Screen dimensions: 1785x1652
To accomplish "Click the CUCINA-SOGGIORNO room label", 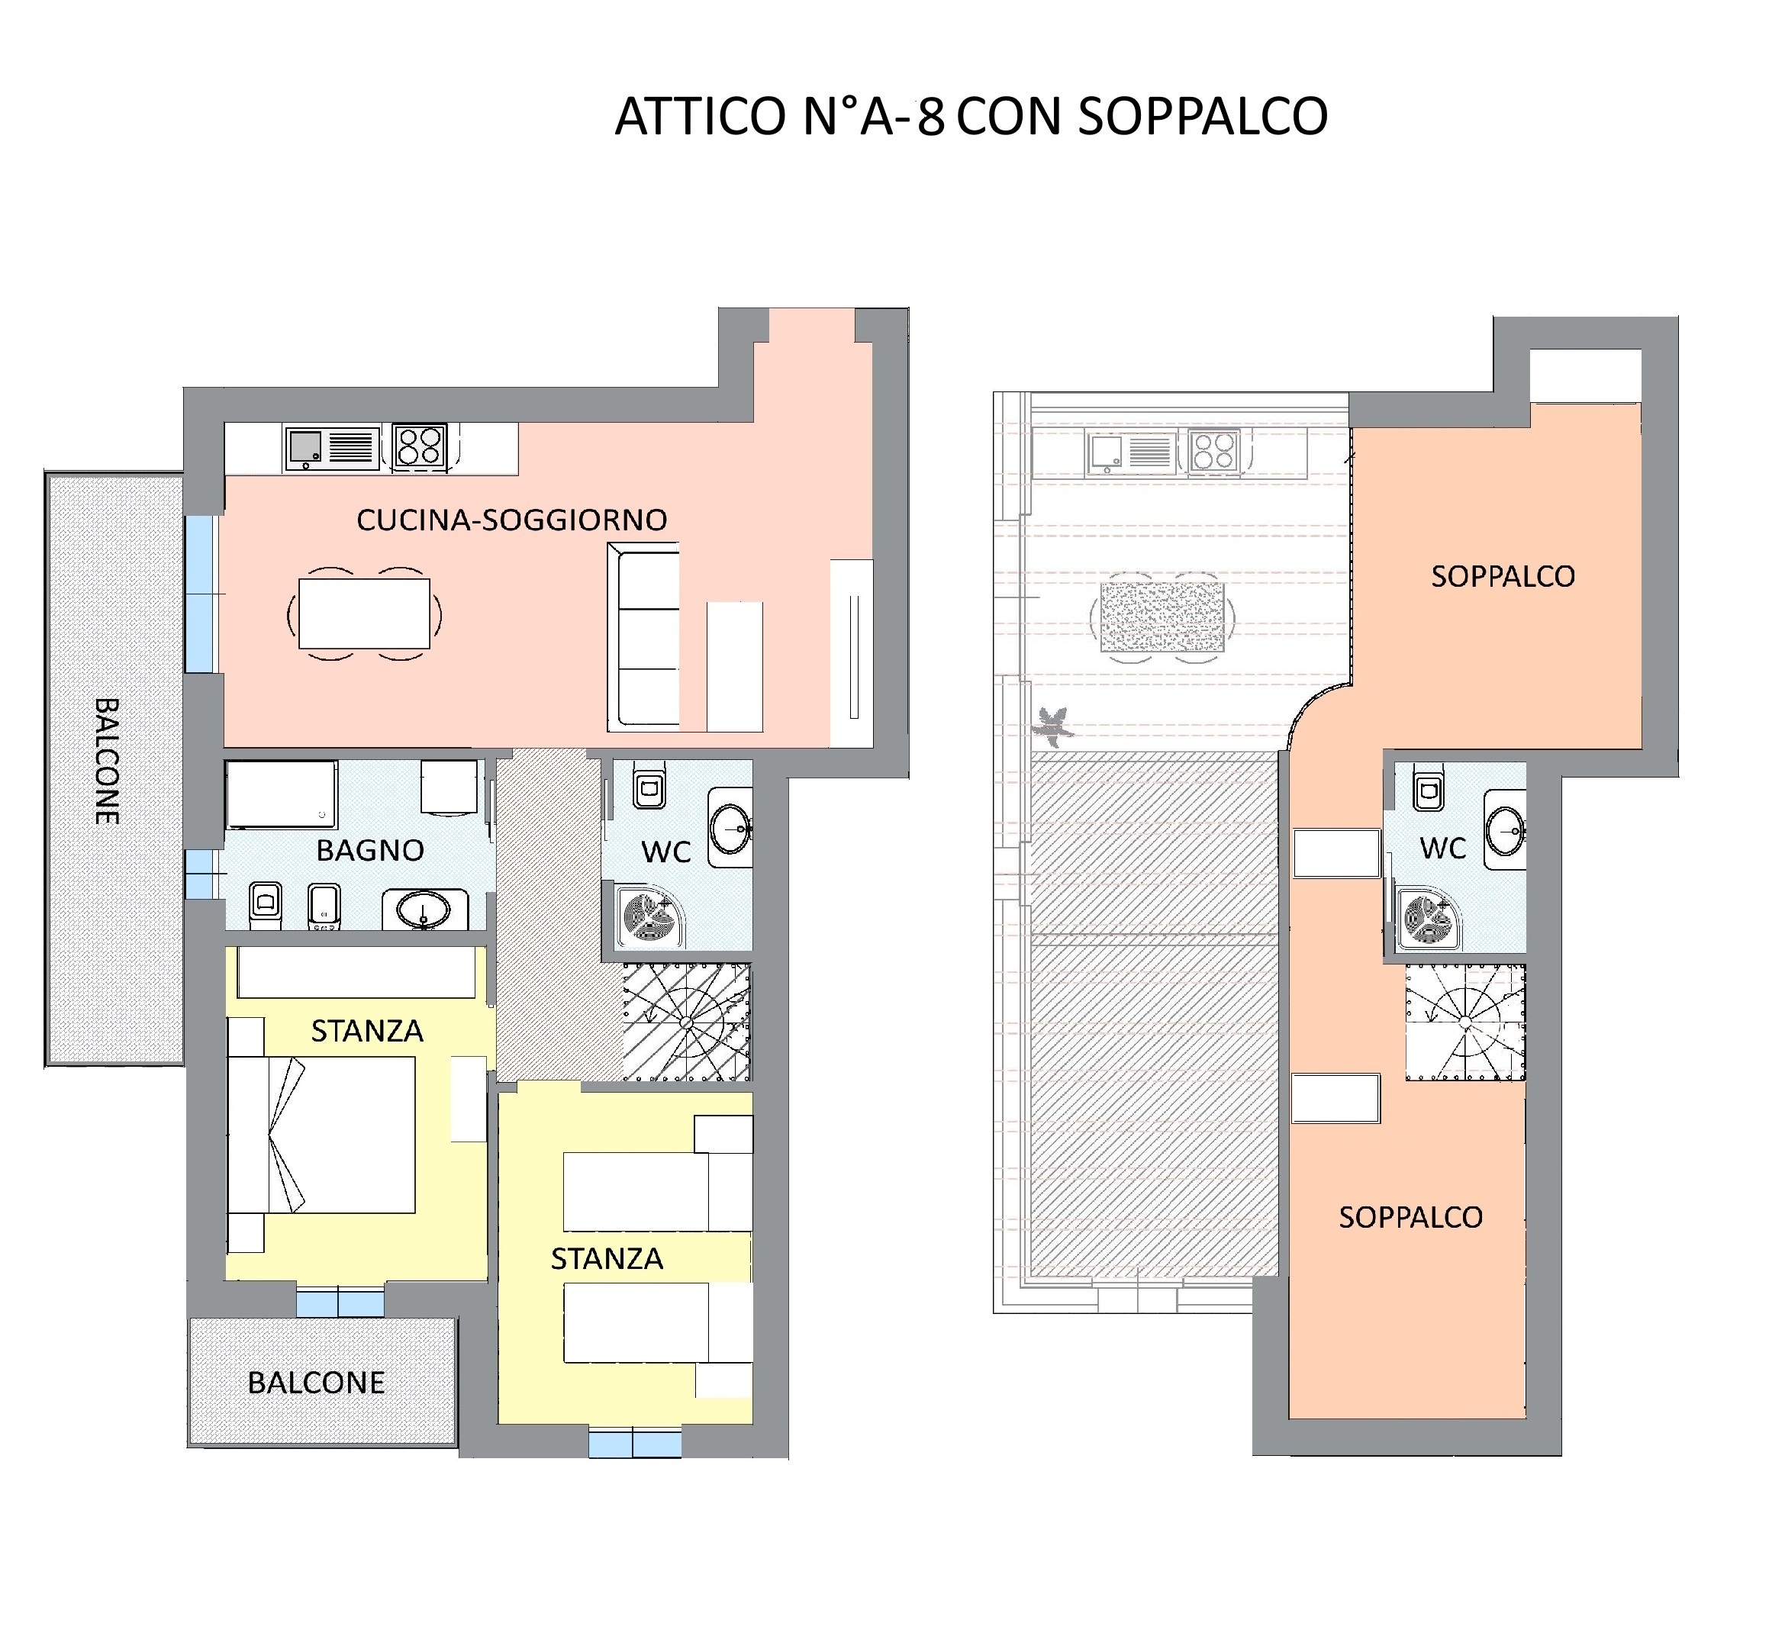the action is pyautogui.click(x=511, y=520).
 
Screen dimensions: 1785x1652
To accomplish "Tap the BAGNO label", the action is pyautogui.click(x=370, y=850).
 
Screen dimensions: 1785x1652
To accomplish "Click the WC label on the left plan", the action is pyautogui.click(x=666, y=852).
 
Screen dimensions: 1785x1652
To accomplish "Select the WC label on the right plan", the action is pyautogui.click(x=1442, y=849).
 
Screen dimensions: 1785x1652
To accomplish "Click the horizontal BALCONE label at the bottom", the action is pyautogui.click(x=317, y=1383).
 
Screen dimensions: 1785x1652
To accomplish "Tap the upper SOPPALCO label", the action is pyautogui.click(x=1503, y=577).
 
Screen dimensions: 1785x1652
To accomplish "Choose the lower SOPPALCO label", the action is pyautogui.click(x=1410, y=1216).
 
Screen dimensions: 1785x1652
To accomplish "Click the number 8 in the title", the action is pyautogui.click(x=930, y=117).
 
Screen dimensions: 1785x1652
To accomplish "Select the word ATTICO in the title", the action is pyautogui.click(x=700, y=117).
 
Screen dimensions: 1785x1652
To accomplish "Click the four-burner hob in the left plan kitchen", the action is pyautogui.click(x=420, y=446).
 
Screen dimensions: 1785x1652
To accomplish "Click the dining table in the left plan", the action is pyautogui.click(x=364, y=613).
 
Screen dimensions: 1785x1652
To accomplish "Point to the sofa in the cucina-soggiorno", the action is pyautogui.click(x=643, y=637).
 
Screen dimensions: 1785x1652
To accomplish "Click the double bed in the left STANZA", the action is pyautogui.click(x=322, y=1135).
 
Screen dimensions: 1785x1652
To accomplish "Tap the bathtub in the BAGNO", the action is pyautogui.click(x=282, y=794).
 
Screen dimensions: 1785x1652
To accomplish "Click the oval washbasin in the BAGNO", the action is pyautogui.click(x=424, y=910).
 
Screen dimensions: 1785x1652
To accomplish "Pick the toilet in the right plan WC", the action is pyautogui.click(x=1429, y=787).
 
